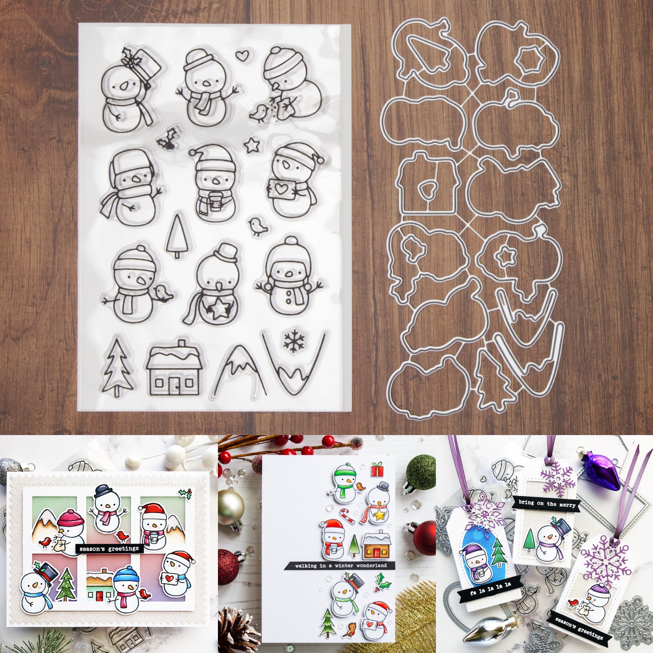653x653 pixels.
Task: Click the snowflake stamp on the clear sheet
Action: [294, 341]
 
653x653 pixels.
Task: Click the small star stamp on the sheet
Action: [250, 145]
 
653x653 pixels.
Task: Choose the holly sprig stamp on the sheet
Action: [167, 138]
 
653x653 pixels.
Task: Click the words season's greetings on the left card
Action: [109, 549]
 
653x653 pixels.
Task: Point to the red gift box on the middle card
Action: [377, 469]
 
